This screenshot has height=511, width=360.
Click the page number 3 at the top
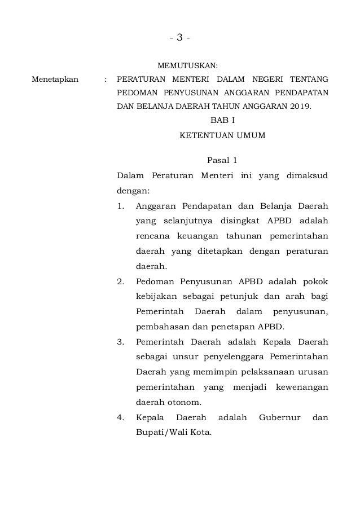coord(179,38)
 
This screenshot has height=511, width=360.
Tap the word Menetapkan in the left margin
coord(55,79)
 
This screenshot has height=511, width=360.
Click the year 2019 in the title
coord(299,106)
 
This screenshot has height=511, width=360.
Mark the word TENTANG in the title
coord(310,79)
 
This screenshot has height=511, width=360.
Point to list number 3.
coord(121,341)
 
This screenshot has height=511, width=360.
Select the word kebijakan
coord(156,296)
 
